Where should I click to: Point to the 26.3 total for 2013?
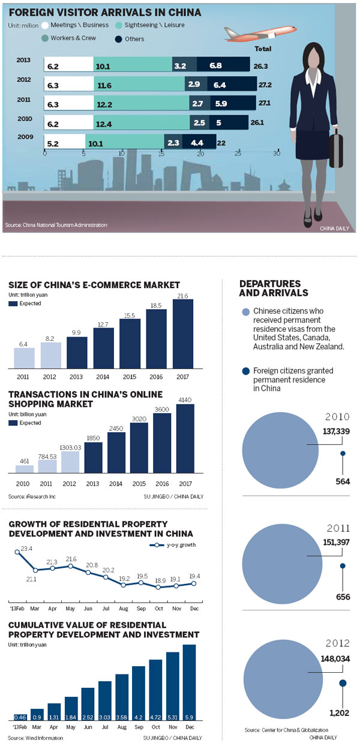click(x=262, y=65)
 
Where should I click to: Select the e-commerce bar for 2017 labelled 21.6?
click(x=182, y=333)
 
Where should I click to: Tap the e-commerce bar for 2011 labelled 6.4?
click(x=25, y=356)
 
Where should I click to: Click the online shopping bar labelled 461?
click(x=25, y=469)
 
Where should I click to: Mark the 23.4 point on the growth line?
click(x=16, y=552)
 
